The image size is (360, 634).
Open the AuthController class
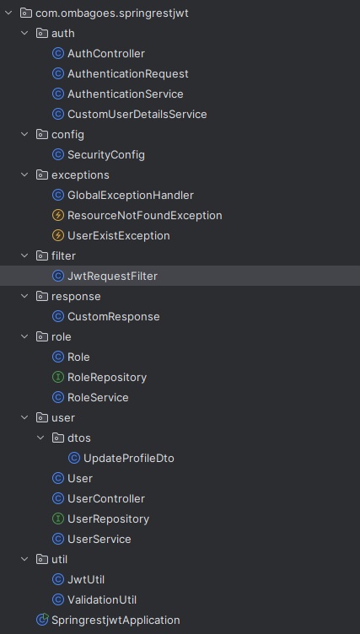[x=106, y=53]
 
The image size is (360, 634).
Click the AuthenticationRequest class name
[x=128, y=73]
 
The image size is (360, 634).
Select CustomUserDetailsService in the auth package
[x=137, y=114]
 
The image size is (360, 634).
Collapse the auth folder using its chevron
[x=25, y=33]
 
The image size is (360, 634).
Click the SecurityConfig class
[x=106, y=154]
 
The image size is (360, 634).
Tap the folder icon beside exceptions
[x=42, y=175]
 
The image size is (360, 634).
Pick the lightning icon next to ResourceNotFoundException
[x=58, y=215]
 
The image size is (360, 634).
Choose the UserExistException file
[x=119, y=235]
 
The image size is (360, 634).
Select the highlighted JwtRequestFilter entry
[x=112, y=276]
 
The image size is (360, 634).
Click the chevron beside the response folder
[x=25, y=296]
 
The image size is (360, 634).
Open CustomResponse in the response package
[x=114, y=316]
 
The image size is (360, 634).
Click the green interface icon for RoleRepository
[x=58, y=377]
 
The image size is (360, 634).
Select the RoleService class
[x=98, y=397]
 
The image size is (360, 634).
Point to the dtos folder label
[x=79, y=438]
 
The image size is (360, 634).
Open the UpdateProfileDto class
[x=129, y=458]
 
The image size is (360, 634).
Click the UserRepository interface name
[x=108, y=518]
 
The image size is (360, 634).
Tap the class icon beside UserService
[x=58, y=539]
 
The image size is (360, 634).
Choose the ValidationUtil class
[x=102, y=599]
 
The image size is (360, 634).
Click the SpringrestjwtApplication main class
[x=116, y=620]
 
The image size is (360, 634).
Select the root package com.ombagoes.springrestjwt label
[x=112, y=13]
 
